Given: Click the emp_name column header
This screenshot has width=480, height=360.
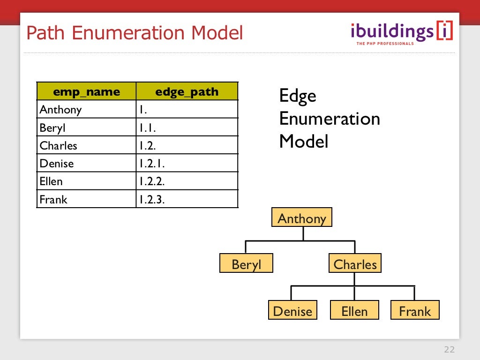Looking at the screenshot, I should (x=86, y=91).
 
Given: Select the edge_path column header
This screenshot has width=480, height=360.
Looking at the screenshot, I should (x=187, y=91).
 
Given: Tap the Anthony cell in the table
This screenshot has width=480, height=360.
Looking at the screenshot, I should (x=86, y=109).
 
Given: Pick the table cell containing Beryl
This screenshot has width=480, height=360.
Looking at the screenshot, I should (x=86, y=127).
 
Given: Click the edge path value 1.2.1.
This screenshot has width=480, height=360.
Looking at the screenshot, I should (x=187, y=164).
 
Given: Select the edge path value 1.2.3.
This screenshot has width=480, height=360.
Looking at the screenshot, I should (x=187, y=200).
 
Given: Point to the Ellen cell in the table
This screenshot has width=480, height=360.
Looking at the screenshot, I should (x=86, y=181).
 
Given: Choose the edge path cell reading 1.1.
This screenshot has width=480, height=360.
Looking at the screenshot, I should (x=187, y=127).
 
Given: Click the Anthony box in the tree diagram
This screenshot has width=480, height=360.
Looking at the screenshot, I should (x=301, y=218).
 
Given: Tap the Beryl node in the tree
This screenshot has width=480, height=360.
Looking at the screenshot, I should (x=246, y=264).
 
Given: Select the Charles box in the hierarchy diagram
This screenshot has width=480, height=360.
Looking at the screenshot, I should (x=355, y=264).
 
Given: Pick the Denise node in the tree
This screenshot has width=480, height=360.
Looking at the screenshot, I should (x=292, y=311).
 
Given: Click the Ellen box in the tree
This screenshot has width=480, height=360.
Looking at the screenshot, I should (x=354, y=311).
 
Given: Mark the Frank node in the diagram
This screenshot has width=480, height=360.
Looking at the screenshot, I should (x=415, y=311).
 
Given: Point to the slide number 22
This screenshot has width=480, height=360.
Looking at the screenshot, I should (x=449, y=350).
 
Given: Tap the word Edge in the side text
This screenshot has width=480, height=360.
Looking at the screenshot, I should (x=298, y=96).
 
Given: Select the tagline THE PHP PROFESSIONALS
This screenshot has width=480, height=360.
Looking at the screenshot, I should (x=385, y=44).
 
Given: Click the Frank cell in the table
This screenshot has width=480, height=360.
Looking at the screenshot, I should (x=86, y=200).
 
